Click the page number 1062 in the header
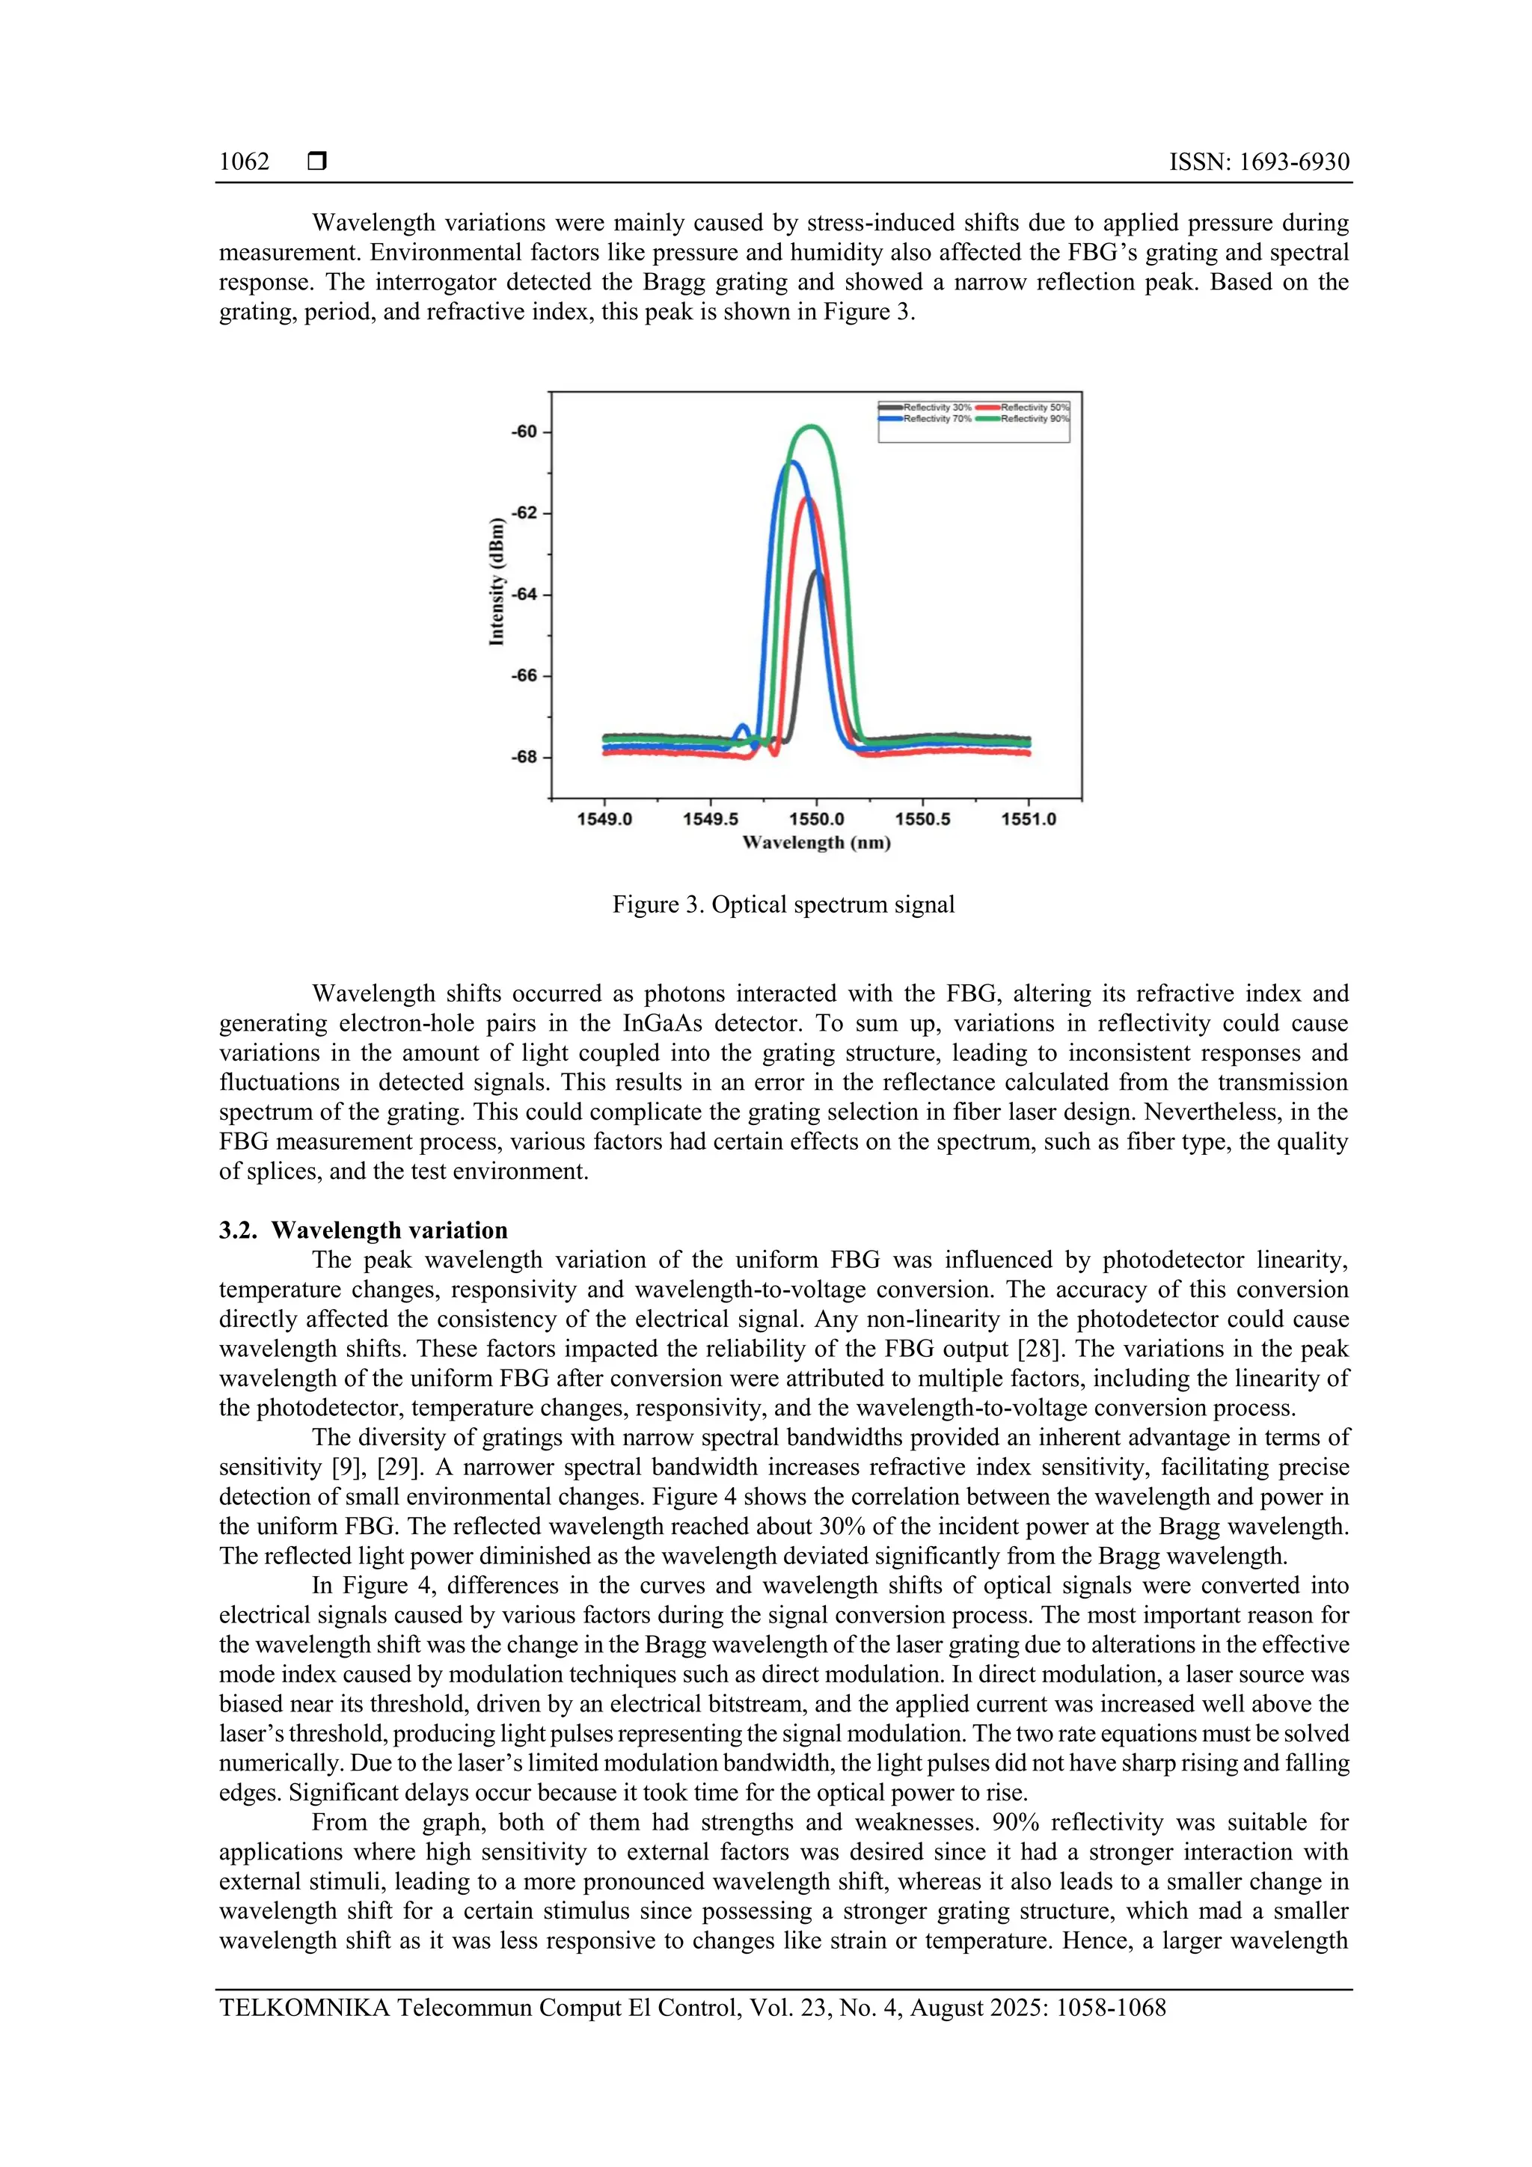click(244, 162)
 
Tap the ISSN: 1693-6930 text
click(1258, 162)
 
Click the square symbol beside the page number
click(317, 162)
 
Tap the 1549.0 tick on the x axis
click(604, 819)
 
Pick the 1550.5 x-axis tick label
click(922, 819)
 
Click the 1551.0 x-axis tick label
click(1028, 819)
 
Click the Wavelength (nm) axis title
click(817, 843)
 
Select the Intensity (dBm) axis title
click(497, 583)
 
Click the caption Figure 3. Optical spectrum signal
click(783, 904)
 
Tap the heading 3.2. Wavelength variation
click(364, 1230)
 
